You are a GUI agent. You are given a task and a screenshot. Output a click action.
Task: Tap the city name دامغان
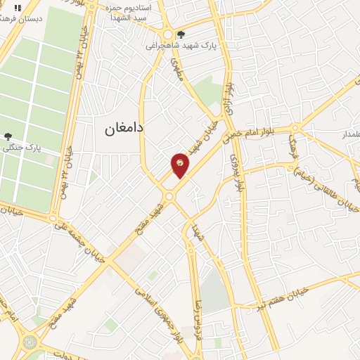tap(124, 129)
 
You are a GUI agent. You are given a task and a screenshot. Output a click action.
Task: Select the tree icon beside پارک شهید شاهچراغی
tap(182, 34)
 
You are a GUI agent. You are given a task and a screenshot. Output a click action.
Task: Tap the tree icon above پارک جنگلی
tap(7, 136)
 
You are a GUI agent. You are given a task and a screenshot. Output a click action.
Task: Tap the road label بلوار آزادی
tap(229, 94)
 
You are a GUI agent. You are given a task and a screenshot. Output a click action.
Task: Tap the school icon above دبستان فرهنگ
tap(17, 7)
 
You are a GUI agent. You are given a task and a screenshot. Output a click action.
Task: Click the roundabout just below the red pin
tap(169, 196)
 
